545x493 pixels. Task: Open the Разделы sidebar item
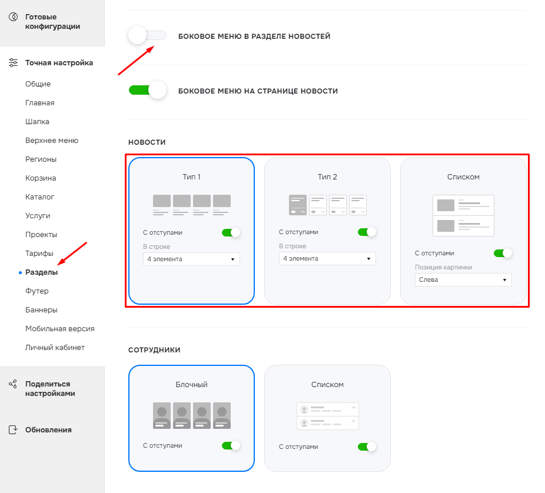click(x=41, y=272)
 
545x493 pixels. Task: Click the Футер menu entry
click(x=37, y=291)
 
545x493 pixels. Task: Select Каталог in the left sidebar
click(x=39, y=197)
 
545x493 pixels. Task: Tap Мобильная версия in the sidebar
click(x=60, y=329)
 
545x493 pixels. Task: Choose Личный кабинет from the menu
click(x=55, y=348)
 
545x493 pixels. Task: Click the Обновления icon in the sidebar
click(x=13, y=430)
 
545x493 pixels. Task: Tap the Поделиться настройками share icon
click(x=13, y=384)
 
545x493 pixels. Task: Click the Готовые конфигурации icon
click(x=13, y=16)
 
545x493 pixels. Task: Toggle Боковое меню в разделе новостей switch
click(x=147, y=35)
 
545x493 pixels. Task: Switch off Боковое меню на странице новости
click(x=147, y=91)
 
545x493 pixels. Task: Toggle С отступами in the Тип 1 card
click(x=231, y=232)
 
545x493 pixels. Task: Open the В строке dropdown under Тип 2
click(x=327, y=258)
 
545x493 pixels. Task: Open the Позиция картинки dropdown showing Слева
click(x=463, y=279)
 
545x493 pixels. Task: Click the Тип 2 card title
click(x=327, y=177)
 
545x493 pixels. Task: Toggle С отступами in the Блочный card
click(x=231, y=445)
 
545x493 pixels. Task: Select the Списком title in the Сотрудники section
click(x=327, y=385)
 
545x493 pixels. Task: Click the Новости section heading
click(x=147, y=142)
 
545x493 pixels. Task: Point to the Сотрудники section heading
click(x=154, y=350)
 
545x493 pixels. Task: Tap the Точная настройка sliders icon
click(x=13, y=62)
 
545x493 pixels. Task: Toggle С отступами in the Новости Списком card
click(x=503, y=254)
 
